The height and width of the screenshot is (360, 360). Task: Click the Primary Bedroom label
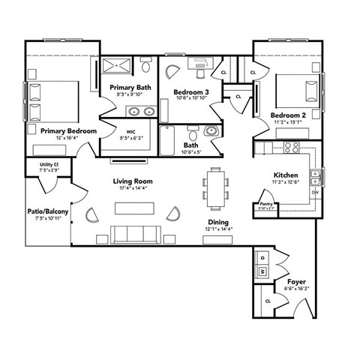coord(68,130)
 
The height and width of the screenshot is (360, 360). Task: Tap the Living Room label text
coord(133,181)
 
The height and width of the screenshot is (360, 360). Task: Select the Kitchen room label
coord(286,175)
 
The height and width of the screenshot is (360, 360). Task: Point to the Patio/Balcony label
coord(46,211)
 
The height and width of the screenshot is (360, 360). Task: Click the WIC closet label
coord(130,131)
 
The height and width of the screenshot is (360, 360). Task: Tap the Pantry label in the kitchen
coord(265,203)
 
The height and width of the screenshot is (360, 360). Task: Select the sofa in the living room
coord(133,233)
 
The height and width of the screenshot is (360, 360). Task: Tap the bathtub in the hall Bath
coord(169,140)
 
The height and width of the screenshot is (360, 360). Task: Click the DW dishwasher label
coord(315,193)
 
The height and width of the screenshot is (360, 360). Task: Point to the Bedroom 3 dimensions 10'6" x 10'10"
coord(192,98)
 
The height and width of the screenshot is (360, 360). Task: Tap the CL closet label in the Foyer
coord(268,301)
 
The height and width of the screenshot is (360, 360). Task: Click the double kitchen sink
coord(316,178)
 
